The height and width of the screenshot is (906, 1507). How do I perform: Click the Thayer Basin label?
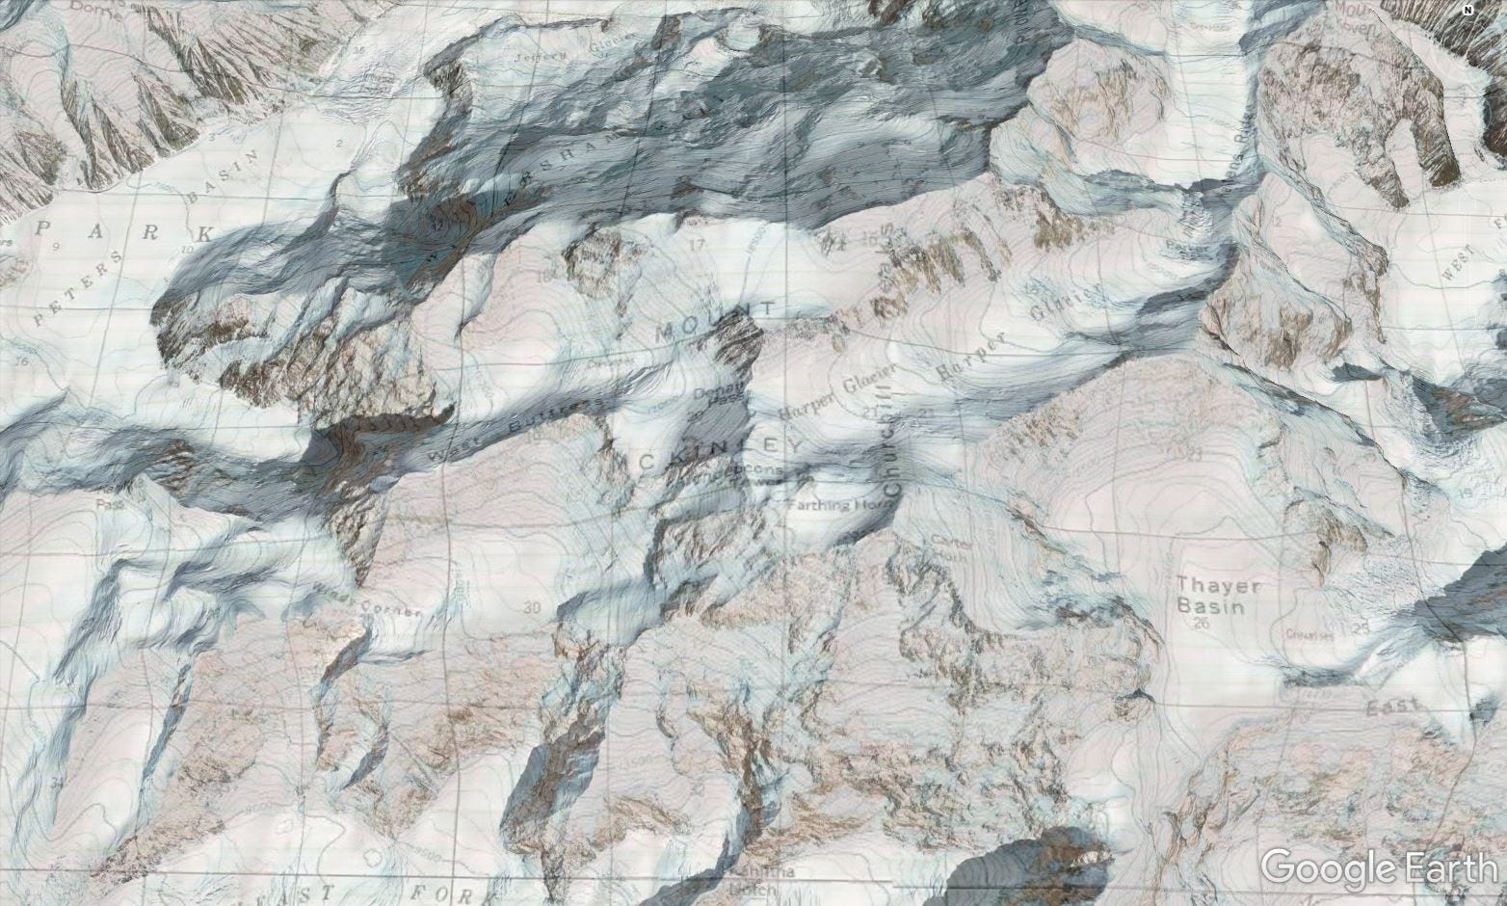pos(1204,596)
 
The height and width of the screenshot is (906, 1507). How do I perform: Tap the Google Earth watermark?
pos(1379,867)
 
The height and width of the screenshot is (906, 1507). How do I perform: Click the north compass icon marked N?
pos(1467,12)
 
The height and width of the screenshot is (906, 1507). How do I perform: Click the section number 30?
pos(531,607)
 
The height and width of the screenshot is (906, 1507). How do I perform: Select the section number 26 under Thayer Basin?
pos(1200,625)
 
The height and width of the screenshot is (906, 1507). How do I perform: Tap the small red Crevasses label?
pos(1308,634)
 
